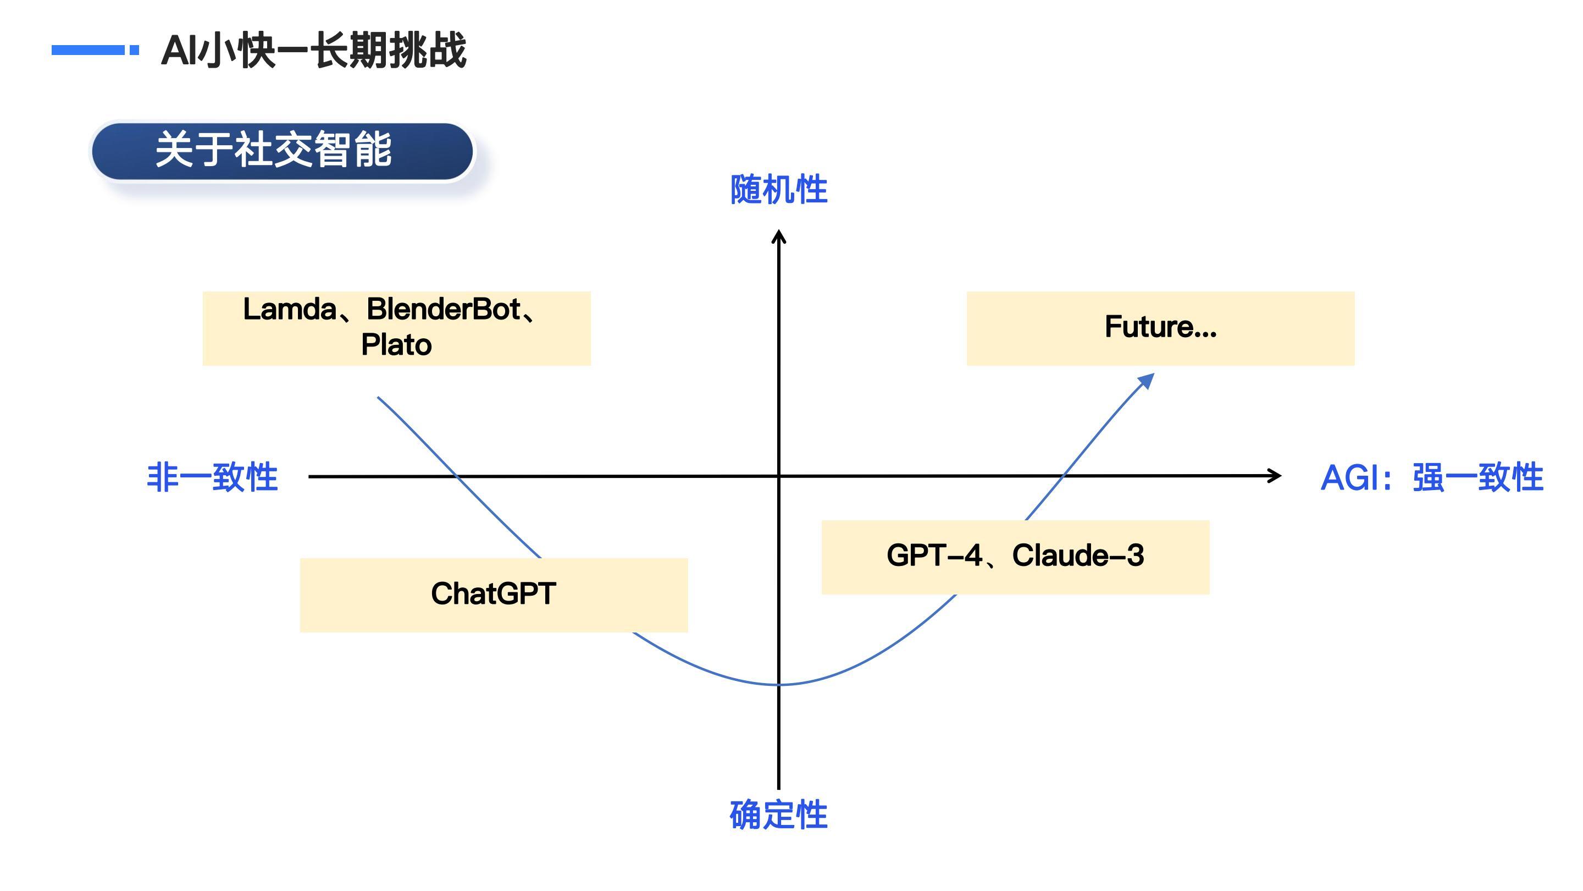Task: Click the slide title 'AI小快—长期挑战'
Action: pos(313,50)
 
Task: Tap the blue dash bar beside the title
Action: pos(88,50)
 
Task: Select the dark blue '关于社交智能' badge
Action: pos(282,151)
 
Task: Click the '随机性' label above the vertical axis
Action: pos(779,189)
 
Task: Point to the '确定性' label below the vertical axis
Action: pos(779,815)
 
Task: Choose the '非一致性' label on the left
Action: pos(213,477)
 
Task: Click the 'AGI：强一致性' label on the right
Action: pos(1432,477)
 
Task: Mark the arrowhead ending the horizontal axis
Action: pos(1276,475)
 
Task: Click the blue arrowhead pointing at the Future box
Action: pos(1147,381)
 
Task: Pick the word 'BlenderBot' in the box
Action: pos(444,309)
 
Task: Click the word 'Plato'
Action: pos(396,344)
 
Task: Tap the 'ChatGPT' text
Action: pos(494,594)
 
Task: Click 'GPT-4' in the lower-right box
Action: pos(934,555)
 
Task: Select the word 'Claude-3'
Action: pos(1078,555)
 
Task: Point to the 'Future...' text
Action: pos(1161,327)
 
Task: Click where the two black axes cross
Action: pos(779,476)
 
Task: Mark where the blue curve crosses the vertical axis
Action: pos(779,684)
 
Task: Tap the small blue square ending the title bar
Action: pos(135,50)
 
